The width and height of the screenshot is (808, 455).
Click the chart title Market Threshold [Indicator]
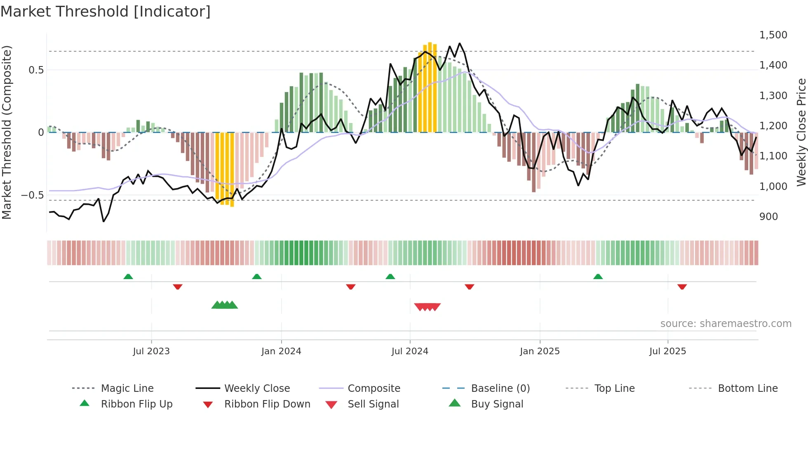point(106,12)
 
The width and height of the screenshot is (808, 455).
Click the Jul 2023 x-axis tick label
point(151,351)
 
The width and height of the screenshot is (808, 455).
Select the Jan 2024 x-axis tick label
point(281,351)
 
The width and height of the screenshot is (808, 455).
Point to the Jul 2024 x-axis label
point(410,351)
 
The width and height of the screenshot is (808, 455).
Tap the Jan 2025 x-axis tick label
point(540,351)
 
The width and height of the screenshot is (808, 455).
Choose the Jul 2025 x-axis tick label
point(667,351)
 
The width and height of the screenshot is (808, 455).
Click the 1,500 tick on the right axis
point(773,35)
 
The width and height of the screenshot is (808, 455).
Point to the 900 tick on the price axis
point(768,217)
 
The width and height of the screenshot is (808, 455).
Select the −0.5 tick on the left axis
point(32,195)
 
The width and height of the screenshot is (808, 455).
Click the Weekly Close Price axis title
point(801,132)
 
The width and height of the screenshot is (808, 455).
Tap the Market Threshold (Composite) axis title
point(7,132)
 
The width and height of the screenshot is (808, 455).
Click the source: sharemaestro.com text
point(726,324)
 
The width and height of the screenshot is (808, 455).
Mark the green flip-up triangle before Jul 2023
point(128,277)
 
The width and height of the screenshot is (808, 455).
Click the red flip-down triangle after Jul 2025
point(682,287)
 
